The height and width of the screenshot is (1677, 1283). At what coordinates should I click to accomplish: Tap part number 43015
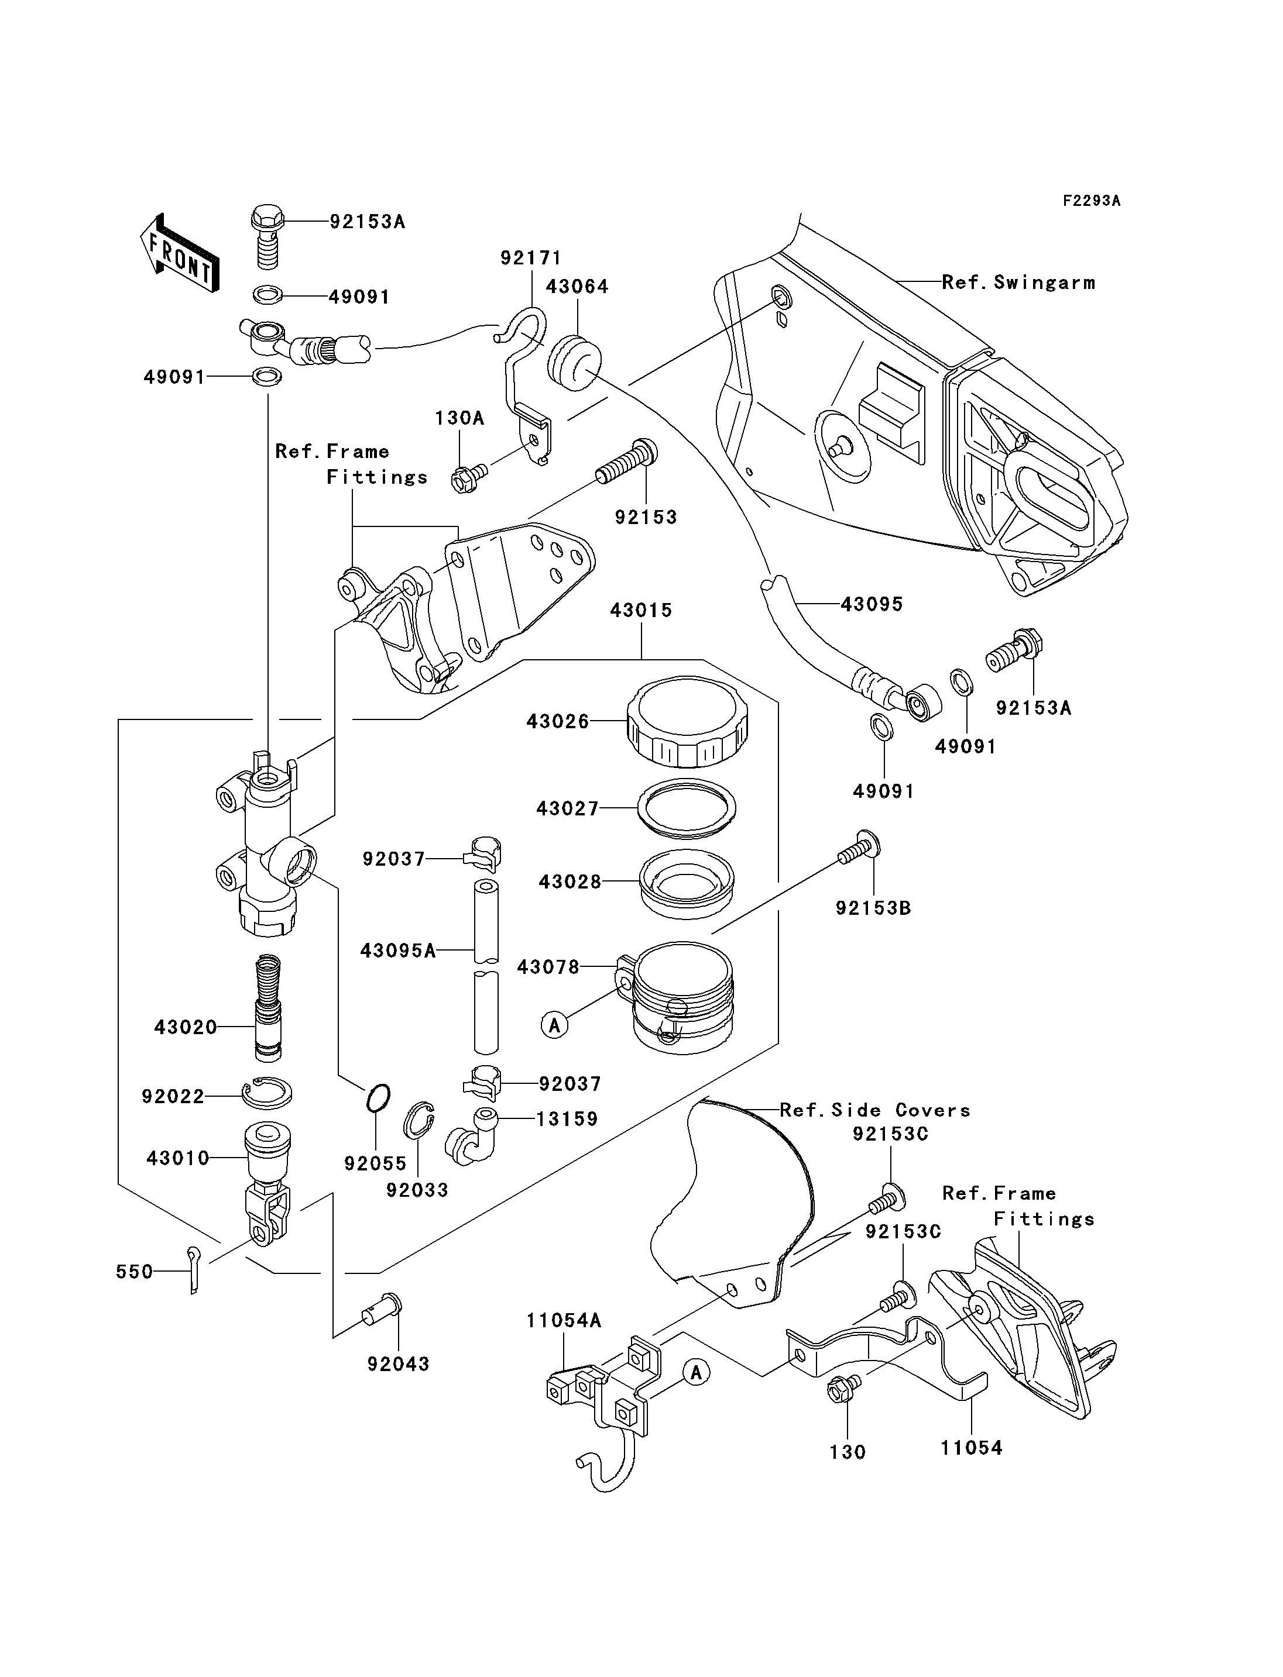click(x=641, y=610)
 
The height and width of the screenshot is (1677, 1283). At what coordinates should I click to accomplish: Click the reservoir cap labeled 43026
click(x=687, y=721)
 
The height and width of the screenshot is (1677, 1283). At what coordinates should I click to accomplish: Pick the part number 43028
click(x=570, y=881)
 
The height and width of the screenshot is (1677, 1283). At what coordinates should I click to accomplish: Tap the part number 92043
click(x=399, y=1364)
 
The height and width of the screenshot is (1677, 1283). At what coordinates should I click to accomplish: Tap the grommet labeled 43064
click(x=575, y=363)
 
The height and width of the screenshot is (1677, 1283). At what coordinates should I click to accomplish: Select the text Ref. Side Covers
click(x=875, y=1110)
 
